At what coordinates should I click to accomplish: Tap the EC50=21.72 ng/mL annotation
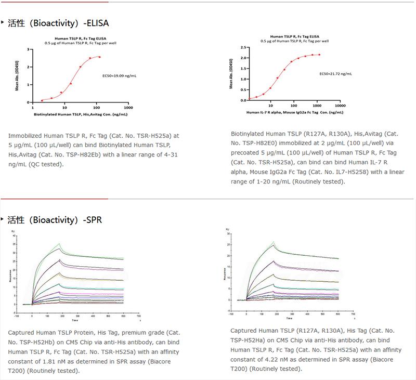335,74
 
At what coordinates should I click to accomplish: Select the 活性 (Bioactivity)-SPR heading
55,220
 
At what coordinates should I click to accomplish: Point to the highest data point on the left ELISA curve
99,57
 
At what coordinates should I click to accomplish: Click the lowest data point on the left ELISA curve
42,100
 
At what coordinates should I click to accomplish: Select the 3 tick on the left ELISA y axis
32,49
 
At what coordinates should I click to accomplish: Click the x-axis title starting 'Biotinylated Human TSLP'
81,113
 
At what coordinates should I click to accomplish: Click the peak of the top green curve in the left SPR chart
60,243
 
